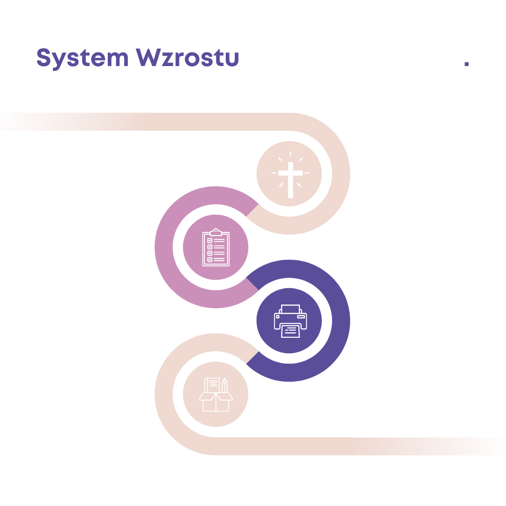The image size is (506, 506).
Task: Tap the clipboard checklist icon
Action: pos(215,247)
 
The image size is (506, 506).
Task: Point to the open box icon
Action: pos(216,394)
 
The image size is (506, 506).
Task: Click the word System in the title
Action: pos(82,58)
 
